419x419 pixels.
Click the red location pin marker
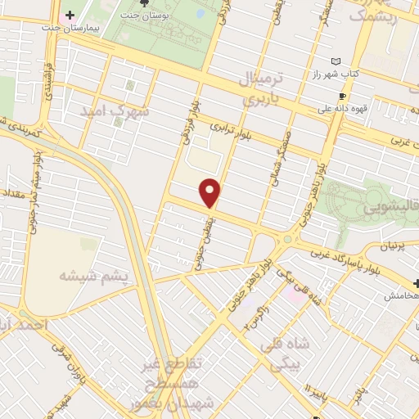pyautogui.click(x=211, y=192)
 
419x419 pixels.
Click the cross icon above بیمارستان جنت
pyautogui.click(x=70, y=15)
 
